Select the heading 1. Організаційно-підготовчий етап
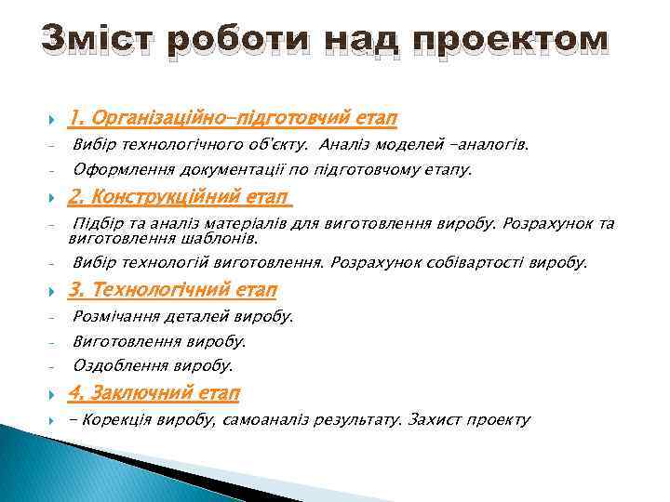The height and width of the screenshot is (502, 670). (x=234, y=119)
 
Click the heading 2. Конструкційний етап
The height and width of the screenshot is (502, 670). (x=181, y=197)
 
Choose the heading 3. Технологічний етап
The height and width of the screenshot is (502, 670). (x=173, y=290)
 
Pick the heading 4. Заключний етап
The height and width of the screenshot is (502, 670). (x=154, y=393)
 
